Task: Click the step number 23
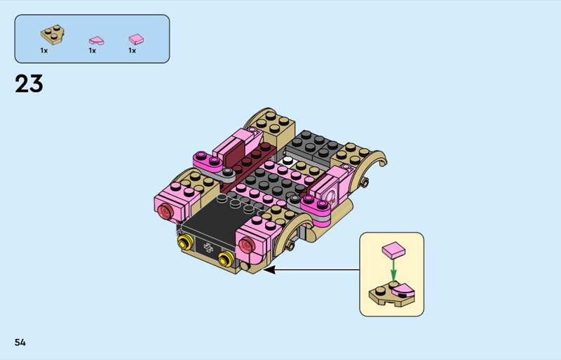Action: (x=29, y=84)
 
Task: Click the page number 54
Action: (x=20, y=342)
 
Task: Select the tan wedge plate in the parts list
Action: (x=53, y=35)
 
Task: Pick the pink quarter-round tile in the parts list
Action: (x=96, y=41)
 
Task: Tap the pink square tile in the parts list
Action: (x=136, y=39)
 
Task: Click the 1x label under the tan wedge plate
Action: (x=44, y=51)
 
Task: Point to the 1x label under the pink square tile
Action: (x=133, y=51)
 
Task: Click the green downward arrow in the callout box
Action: (x=393, y=269)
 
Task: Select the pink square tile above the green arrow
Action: (x=393, y=250)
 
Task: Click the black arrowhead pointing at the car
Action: (x=269, y=269)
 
